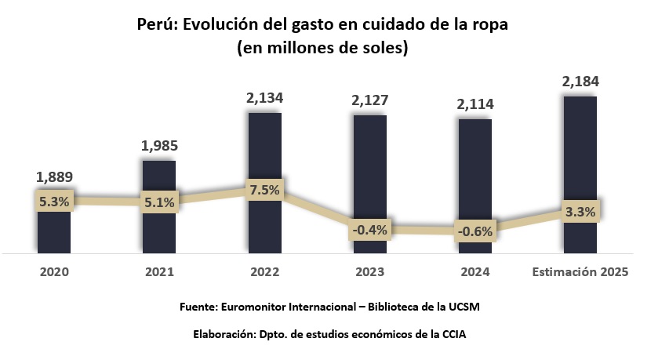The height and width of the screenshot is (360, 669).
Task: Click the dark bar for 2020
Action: click(54, 231)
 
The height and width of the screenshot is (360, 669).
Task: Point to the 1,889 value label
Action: click(55, 177)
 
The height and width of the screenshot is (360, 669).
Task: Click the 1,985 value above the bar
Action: click(159, 146)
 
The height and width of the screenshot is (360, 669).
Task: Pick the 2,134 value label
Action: click(264, 99)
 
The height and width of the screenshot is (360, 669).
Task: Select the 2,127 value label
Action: click(369, 100)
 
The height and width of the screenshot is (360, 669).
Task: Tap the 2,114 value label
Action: click(474, 104)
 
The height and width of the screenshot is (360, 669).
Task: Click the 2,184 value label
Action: click(580, 82)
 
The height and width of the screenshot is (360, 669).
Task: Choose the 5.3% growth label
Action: click(54, 201)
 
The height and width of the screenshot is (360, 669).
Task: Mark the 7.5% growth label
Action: click(264, 191)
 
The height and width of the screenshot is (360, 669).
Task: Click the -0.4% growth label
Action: click(369, 230)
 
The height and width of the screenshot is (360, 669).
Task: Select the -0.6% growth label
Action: click(474, 231)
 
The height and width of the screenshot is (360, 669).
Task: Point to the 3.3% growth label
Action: click(580, 211)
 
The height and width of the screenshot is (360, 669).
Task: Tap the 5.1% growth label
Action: click(159, 202)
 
